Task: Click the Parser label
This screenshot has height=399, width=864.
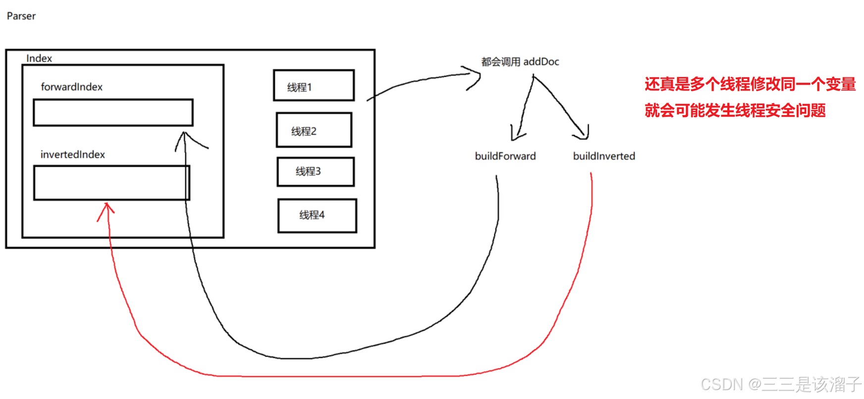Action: point(21,16)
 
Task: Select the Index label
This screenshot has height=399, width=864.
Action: point(39,58)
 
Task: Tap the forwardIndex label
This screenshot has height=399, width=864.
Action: point(71,87)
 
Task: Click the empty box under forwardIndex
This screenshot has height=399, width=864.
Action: point(113,113)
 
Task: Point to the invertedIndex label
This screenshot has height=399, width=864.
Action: point(72,155)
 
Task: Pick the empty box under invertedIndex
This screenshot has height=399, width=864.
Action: point(111,183)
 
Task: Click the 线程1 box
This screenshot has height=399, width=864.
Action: point(314,86)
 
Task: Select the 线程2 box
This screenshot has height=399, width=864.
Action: point(314,130)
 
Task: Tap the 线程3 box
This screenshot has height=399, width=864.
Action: point(316,171)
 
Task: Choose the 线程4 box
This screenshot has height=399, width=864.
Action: point(317,215)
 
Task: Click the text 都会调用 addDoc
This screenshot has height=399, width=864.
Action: point(520,62)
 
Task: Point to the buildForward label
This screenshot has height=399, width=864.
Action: point(505,156)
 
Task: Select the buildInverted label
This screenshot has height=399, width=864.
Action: point(604,156)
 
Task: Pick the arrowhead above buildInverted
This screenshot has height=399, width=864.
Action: point(584,133)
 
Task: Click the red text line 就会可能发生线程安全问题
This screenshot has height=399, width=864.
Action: point(735,110)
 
